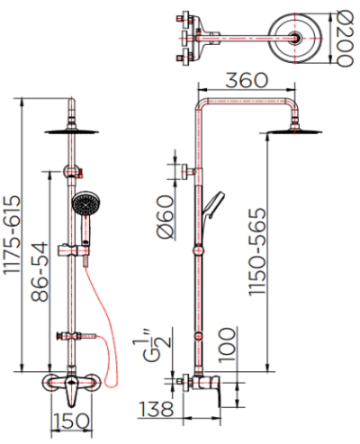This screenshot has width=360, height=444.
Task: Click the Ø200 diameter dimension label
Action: (x=346, y=38)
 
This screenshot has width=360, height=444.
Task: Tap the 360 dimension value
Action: (x=247, y=80)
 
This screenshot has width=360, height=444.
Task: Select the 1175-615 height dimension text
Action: (x=13, y=235)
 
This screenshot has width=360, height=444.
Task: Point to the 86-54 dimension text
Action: (x=40, y=272)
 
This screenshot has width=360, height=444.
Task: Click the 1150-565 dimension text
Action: (x=257, y=251)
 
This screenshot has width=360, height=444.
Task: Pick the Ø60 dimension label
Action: (x=166, y=217)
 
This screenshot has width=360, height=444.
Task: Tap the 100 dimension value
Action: (x=228, y=345)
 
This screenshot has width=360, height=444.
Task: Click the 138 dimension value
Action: (x=157, y=409)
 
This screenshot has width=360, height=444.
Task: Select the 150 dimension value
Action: (x=71, y=421)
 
